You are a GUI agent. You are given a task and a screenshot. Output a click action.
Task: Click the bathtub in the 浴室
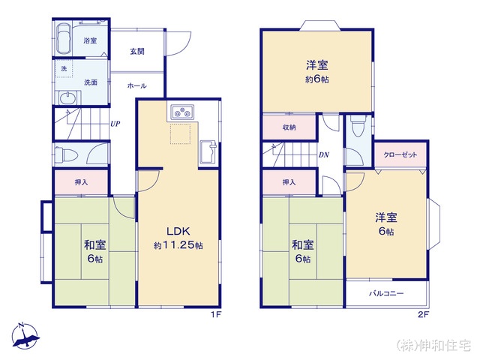coord(64,38)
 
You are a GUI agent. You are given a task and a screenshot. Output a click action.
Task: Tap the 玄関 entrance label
coord(137,52)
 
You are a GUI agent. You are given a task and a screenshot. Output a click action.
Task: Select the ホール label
coord(136,85)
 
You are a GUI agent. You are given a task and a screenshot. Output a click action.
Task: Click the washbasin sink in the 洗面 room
coord(67,98)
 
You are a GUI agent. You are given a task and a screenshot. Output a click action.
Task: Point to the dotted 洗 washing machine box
coord(64,68)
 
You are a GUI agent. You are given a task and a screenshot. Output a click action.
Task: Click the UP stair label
coord(115,124)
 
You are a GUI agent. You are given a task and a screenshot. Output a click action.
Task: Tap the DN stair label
coord(323,155)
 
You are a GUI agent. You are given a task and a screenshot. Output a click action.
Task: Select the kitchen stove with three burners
coord(182,112)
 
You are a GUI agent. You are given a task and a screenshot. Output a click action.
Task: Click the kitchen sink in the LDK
coord(208,152)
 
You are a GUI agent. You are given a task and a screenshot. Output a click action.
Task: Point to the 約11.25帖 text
coord(178,245)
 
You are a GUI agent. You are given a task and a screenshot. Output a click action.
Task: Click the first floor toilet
coord(64,154)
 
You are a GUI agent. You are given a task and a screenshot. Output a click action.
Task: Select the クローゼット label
coord(400,155)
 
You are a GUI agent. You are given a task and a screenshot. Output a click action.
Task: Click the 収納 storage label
coord(289,127)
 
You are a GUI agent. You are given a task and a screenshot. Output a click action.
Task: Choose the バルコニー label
coord(386,293)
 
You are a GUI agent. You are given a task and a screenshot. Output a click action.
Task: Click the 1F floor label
coord(216,314)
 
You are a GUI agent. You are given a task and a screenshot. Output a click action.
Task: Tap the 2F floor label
coord(423,314)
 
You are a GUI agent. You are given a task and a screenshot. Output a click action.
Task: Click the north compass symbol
coord(25,335)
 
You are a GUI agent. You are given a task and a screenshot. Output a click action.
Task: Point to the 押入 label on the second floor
coord(289,182)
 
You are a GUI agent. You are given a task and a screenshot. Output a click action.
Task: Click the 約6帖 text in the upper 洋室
coord(317,79)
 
